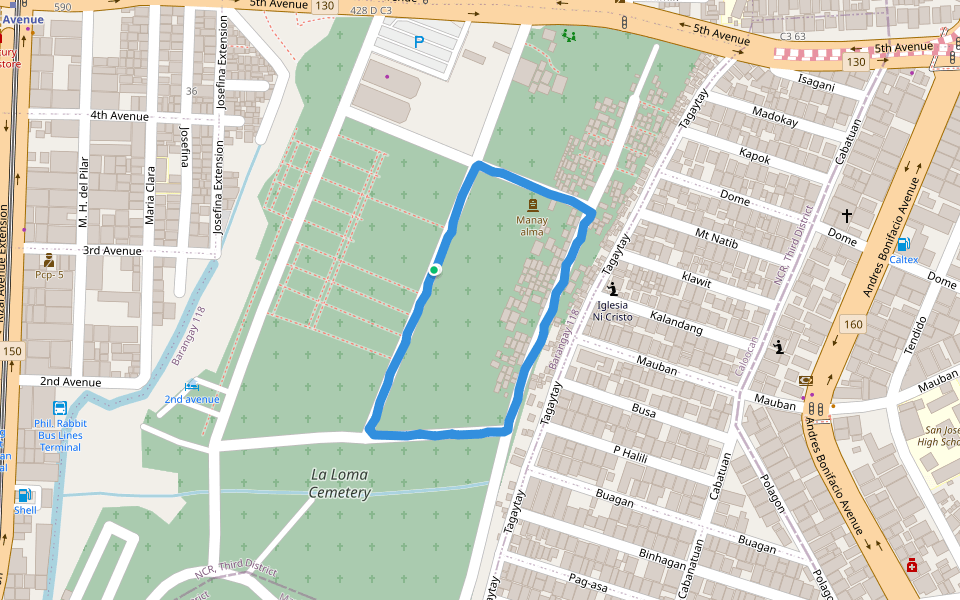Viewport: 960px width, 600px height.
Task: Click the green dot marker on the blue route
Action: pyautogui.click(x=434, y=269)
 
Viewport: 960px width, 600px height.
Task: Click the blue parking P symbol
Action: pyautogui.click(x=419, y=41)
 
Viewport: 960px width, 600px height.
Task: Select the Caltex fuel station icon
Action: pyautogui.click(x=902, y=244)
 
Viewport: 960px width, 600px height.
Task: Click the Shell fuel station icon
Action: pyautogui.click(x=23, y=495)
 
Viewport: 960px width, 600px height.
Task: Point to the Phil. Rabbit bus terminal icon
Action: pyautogui.click(x=60, y=408)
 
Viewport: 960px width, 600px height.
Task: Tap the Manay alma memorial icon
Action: pyautogui.click(x=531, y=204)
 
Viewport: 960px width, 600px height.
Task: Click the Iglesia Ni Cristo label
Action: pyautogui.click(x=612, y=310)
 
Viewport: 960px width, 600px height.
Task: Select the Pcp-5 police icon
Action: pyautogui.click(x=48, y=261)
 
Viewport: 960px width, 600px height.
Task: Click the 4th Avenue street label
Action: pyautogui.click(x=119, y=116)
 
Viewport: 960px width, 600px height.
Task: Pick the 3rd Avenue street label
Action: pyautogui.click(x=112, y=250)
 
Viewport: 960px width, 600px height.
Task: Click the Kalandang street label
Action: pyautogui.click(x=676, y=323)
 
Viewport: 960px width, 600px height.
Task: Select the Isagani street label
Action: pyautogui.click(x=816, y=84)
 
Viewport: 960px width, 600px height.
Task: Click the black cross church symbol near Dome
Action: pyautogui.click(x=847, y=215)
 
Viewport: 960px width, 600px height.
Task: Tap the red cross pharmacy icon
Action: pyautogui.click(x=911, y=566)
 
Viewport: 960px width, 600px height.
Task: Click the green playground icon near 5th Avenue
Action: pyautogui.click(x=569, y=36)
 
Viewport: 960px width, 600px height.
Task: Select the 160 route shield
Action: pyautogui.click(x=852, y=324)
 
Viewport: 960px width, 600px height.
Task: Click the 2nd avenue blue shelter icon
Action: pyautogui.click(x=191, y=386)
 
